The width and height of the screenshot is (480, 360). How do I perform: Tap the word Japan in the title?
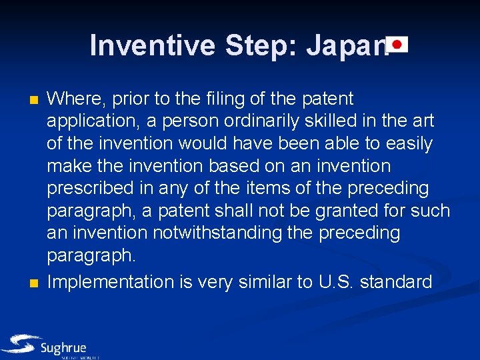(347, 46)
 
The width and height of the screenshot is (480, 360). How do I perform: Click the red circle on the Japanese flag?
(398, 45)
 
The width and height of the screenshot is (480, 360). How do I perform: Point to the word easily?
(405, 144)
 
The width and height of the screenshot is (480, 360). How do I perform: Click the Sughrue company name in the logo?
(63, 348)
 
